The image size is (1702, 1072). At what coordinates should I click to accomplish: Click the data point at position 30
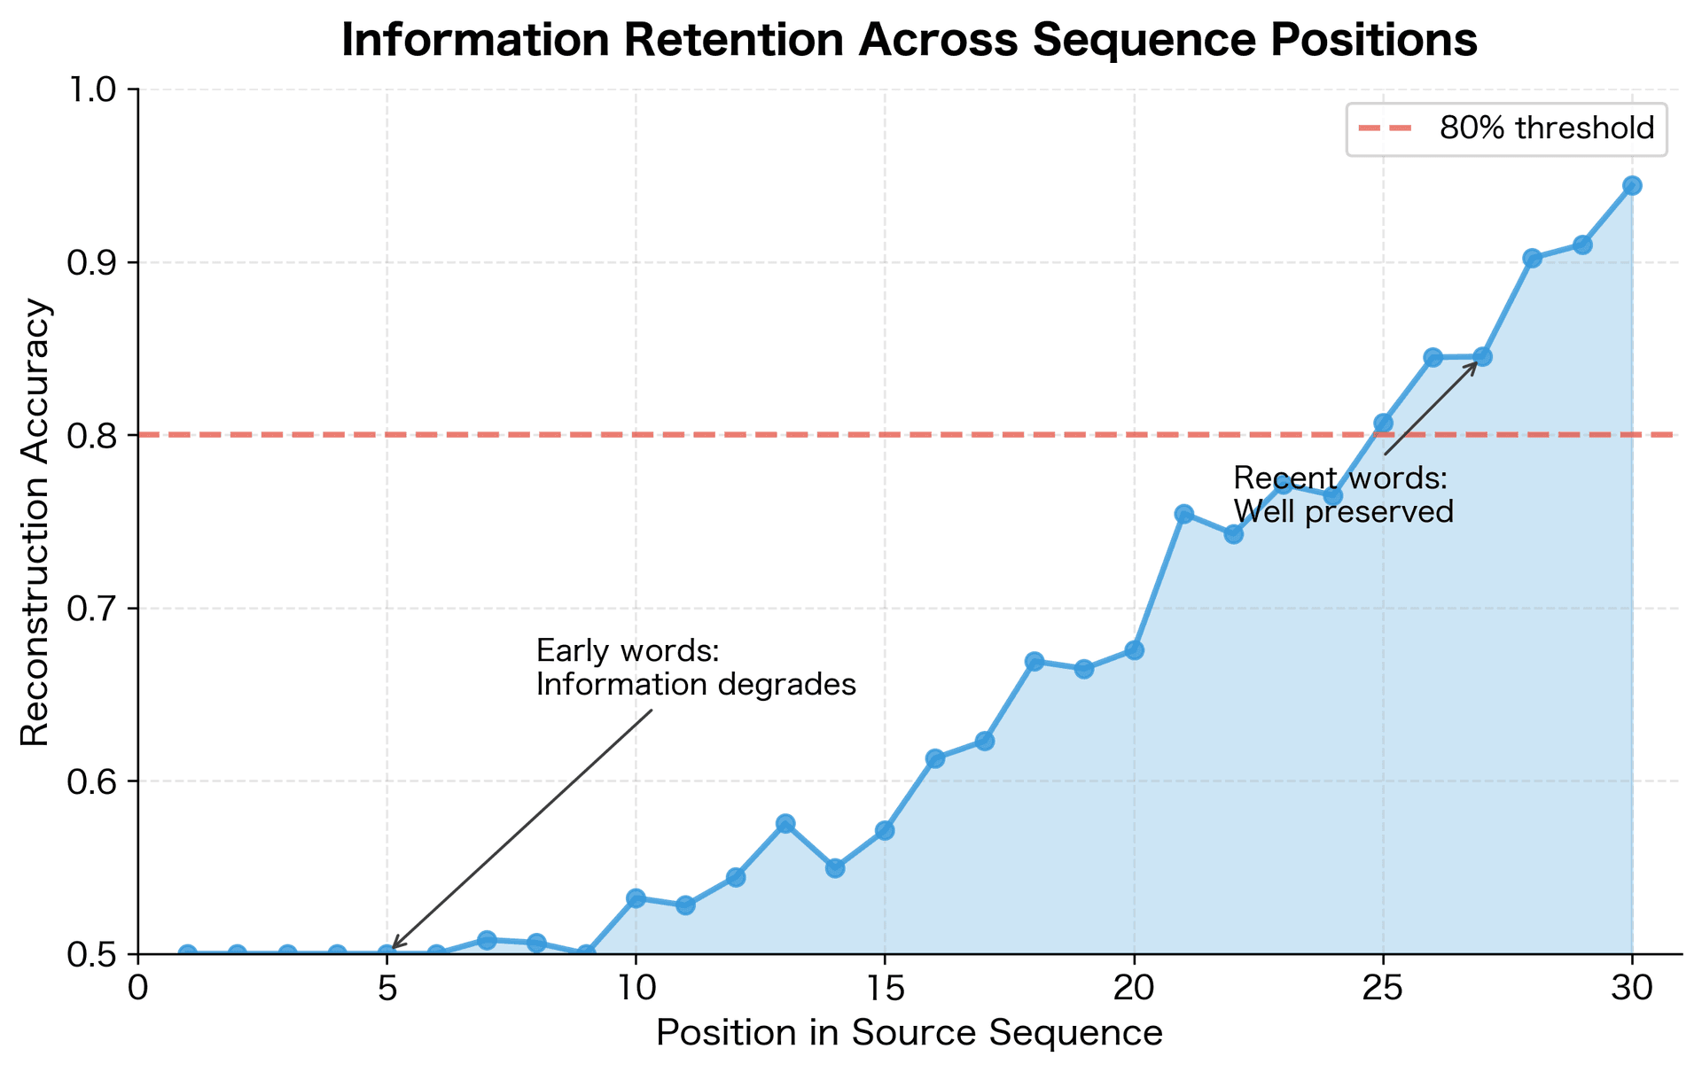tap(1632, 185)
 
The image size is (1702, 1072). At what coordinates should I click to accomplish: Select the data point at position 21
tap(1183, 514)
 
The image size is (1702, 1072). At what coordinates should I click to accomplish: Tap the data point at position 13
tap(785, 824)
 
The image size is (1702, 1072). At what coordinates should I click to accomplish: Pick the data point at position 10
tap(636, 898)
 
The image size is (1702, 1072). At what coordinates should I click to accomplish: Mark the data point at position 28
tap(1532, 258)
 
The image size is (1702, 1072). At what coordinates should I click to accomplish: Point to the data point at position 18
tap(1034, 662)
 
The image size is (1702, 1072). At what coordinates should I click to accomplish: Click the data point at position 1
tap(188, 954)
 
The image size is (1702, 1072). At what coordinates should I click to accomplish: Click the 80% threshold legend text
tap(1546, 129)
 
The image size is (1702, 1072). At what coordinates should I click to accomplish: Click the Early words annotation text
tap(627, 651)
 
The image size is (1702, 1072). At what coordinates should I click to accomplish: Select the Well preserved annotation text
tap(1343, 512)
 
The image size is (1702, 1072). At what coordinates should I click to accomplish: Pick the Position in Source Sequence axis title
tap(909, 1034)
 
